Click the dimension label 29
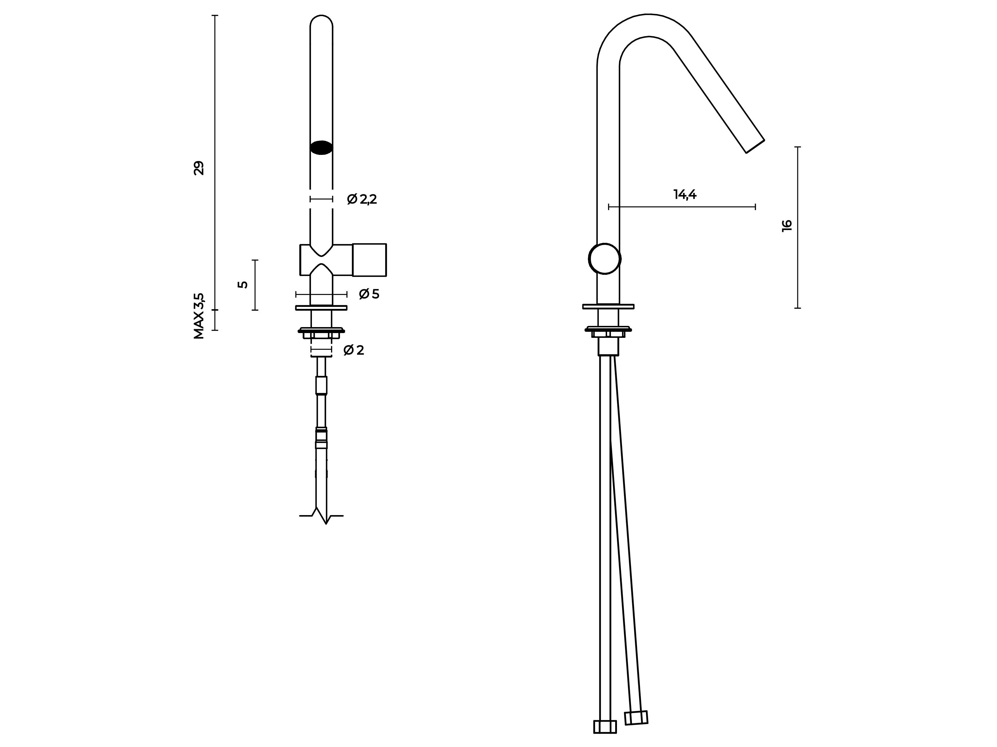click(x=199, y=168)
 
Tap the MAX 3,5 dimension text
click(x=199, y=316)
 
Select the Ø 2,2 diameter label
click(x=362, y=199)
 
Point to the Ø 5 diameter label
click(x=369, y=294)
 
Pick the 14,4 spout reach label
click(x=685, y=195)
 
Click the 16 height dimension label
click(x=787, y=226)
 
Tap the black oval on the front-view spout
click(x=321, y=148)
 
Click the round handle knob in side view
click(x=604, y=259)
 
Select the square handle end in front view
click(x=369, y=260)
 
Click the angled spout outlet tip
click(x=755, y=146)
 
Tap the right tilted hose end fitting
click(x=636, y=718)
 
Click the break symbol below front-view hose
click(x=321, y=516)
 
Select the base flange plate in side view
click(x=608, y=306)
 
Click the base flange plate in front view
click(x=321, y=308)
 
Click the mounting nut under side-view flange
click(x=608, y=332)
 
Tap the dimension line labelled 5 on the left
click(x=255, y=285)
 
